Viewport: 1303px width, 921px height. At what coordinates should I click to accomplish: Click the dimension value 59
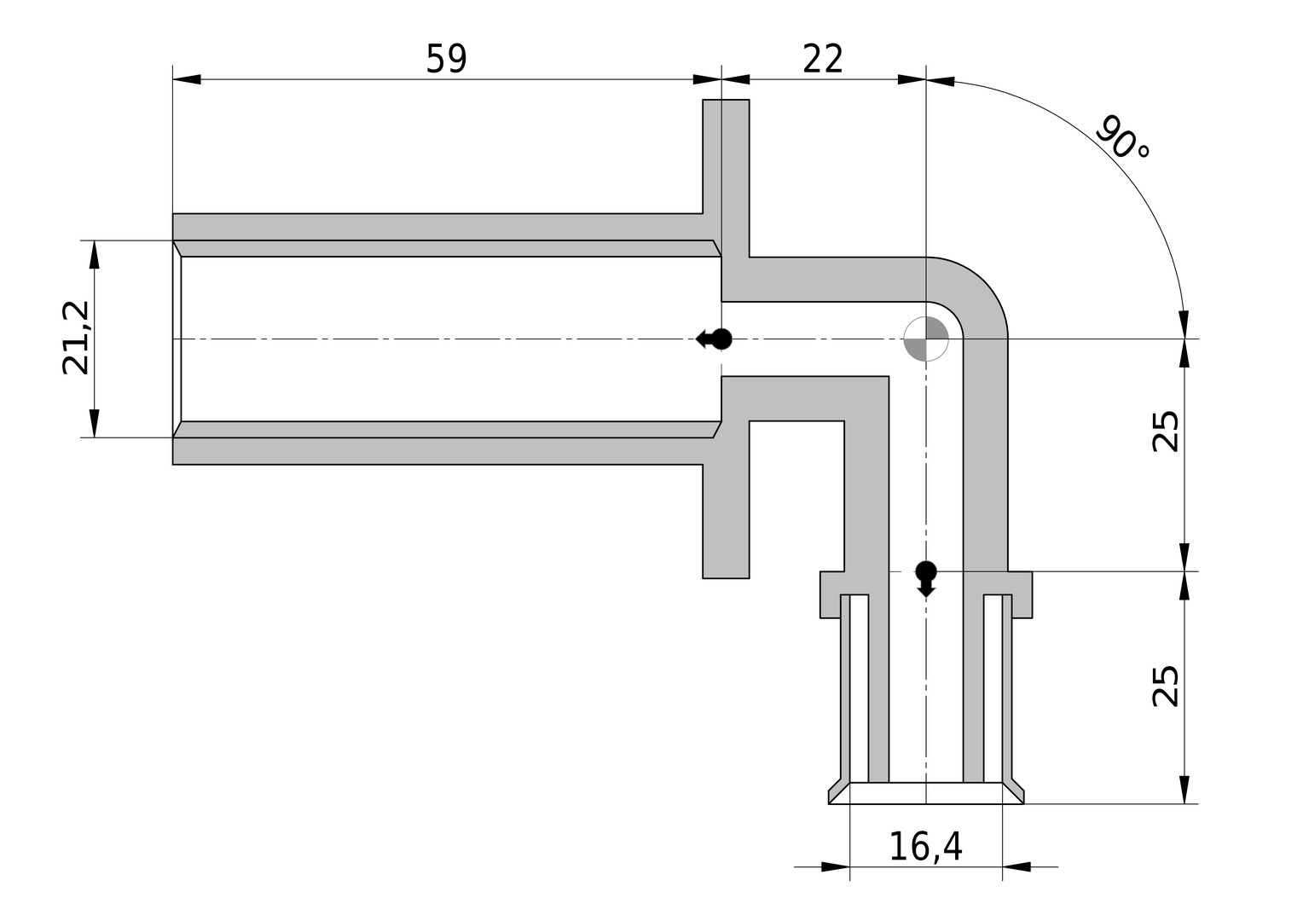pos(446,59)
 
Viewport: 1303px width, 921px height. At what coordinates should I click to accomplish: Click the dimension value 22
pos(823,59)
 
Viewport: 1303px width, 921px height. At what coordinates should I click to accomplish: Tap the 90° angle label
pos(1121,138)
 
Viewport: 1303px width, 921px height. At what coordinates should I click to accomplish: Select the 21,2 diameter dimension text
pos(76,338)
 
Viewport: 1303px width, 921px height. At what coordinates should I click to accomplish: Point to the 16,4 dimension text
pos(925,847)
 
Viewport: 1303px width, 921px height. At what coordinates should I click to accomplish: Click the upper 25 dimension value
pos(1165,432)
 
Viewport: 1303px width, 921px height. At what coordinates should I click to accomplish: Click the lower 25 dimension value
pos(1165,686)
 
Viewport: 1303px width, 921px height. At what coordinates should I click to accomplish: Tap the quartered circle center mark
pos(926,339)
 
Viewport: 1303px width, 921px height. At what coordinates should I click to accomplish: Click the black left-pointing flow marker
pos(714,339)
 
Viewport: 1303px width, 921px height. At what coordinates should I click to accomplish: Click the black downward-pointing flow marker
pos(926,579)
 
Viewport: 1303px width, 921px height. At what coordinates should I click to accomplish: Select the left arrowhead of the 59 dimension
pos(187,79)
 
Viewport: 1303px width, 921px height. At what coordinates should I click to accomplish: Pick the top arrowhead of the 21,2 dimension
pos(95,254)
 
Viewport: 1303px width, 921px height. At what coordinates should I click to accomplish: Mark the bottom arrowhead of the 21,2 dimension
pos(95,423)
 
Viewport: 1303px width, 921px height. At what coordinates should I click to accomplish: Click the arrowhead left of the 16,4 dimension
pos(836,867)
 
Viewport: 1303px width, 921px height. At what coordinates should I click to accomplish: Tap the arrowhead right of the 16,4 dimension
pos(1016,867)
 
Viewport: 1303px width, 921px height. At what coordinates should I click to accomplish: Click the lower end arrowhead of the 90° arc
pos(1183,325)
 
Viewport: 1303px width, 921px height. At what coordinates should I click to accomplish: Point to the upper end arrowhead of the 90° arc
pos(941,82)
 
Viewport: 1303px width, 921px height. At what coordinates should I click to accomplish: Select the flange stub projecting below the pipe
pos(726,521)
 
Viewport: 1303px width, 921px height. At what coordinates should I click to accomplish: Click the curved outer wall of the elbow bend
pos(983,281)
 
